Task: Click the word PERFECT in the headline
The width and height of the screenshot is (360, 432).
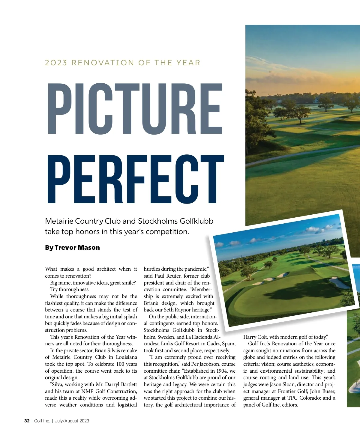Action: point(135,179)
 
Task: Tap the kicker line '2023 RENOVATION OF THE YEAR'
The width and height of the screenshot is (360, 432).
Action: point(122,63)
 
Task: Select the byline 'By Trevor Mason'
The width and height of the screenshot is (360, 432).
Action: point(72,248)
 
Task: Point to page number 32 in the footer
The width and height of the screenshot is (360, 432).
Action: point(27,421)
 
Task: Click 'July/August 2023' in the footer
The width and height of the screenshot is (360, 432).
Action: point(72,421)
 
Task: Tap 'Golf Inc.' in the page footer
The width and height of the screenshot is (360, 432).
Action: point(42,421)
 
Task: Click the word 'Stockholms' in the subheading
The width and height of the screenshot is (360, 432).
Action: point(158,221)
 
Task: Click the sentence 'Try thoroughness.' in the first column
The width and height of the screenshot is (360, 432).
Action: point(70,290)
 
